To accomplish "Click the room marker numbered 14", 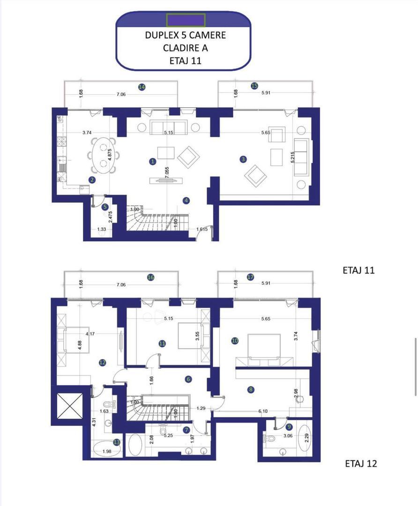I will click(x=142, y=87).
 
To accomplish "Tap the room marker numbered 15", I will click(x=254, y=86).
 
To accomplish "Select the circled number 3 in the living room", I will click(x=243, y=159).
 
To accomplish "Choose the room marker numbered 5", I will click(x=105, y=207).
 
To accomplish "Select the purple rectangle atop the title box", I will click(x=186, y=20).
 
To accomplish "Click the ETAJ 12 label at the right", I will click(x=361, y=464).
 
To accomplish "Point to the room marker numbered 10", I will click(x=235, y=341).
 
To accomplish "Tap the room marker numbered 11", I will click(x=162, y=343).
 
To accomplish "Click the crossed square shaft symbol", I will click(x=69, y=405).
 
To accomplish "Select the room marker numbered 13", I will click(x=117, y=442).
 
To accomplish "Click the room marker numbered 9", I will click(x=289, y=426).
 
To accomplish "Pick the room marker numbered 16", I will click(x=151, y=277).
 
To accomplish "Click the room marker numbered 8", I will click(x=251, y=389).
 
